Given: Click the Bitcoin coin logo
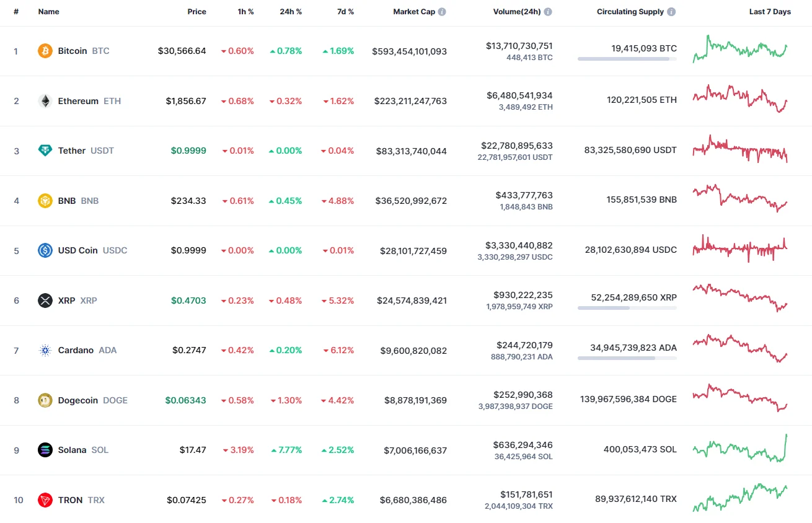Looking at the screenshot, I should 45,51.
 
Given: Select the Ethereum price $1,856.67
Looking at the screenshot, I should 186,101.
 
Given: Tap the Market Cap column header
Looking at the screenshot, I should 414,12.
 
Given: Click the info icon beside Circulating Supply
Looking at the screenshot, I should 672,12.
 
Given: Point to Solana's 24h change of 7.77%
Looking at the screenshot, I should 286,450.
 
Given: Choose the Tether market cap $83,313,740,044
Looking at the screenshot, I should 411,151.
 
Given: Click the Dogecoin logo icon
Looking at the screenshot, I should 45,400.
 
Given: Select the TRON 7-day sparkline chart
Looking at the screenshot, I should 740,498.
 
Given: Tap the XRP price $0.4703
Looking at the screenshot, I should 188,301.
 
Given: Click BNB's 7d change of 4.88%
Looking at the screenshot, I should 338,201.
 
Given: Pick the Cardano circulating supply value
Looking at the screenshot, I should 633,348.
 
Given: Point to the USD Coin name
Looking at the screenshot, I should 77,250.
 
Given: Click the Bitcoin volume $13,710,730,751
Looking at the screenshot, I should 519,46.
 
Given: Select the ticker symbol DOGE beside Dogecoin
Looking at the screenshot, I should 115,400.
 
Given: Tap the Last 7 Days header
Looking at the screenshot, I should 770,12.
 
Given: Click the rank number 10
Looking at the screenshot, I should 19,500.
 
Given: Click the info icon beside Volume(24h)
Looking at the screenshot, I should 548,12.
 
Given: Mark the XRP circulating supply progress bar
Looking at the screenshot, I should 627,308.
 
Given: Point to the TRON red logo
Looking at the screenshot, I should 45,500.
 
